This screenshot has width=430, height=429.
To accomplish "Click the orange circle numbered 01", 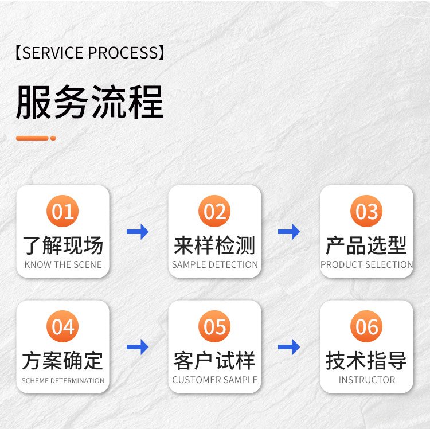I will coord(62,211).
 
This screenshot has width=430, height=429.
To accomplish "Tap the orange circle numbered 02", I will coord(215,211).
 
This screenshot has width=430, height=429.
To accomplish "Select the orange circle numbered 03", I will coord(366,211).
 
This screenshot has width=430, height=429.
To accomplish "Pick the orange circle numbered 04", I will coord(62,326).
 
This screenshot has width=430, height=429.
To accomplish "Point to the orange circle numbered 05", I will coord(215,326).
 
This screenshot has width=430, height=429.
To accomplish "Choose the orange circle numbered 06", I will coord(366,326).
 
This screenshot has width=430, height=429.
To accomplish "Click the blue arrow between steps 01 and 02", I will coord(138,232).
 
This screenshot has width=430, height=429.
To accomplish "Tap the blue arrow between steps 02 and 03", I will coord(289,232).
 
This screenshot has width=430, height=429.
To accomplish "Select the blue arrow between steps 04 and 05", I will coord(138,346).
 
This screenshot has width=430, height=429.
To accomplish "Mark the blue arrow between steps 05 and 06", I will coord(289,346).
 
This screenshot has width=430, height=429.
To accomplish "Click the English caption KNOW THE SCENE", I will coord(63,265).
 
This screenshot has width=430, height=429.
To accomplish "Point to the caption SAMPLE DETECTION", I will coord(215,265).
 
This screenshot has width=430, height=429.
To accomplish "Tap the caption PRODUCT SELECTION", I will coord(367,265).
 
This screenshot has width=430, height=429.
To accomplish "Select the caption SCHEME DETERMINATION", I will coord(63,380).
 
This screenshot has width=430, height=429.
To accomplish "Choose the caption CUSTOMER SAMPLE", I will coord(215,380).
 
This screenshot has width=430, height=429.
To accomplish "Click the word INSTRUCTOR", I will coord(367,380).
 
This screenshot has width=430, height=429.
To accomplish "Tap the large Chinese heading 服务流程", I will coord(90,102).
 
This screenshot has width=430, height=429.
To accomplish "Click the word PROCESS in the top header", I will coord(123,53).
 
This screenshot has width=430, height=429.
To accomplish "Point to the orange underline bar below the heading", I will coord(36,138).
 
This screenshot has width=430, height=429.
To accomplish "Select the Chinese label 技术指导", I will coord(366,361).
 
